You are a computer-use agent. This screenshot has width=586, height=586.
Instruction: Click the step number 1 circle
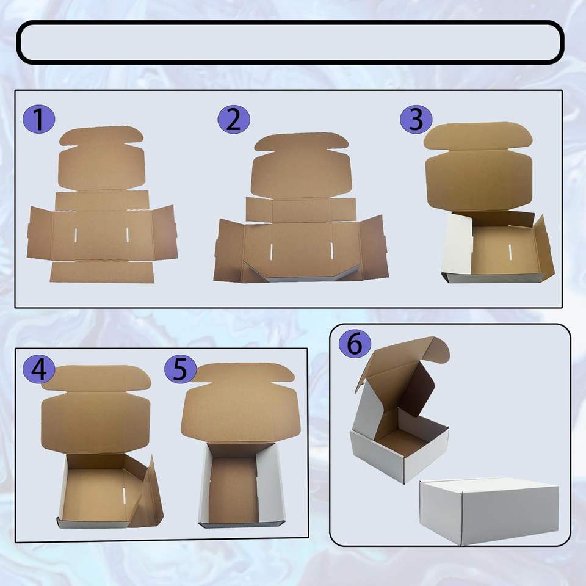39,119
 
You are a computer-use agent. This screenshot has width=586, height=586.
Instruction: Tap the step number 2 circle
234,120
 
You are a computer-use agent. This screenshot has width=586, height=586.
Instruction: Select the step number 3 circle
416,119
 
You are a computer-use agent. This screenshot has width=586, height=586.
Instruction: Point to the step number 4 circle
39,369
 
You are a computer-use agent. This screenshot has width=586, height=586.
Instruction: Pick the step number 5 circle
181,369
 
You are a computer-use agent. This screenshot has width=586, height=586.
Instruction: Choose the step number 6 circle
355,344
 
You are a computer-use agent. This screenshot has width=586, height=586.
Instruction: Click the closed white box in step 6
489,511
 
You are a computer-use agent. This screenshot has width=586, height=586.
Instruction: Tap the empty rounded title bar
290,42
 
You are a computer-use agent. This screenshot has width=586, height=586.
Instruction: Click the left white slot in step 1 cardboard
76,234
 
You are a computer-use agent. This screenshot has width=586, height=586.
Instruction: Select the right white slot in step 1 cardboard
127,234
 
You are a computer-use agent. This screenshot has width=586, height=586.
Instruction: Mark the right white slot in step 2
331,250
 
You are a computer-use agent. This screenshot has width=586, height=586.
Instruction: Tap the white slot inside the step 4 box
124,495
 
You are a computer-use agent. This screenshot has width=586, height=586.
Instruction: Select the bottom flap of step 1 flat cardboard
102,272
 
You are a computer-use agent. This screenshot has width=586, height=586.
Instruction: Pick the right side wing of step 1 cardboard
165,233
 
